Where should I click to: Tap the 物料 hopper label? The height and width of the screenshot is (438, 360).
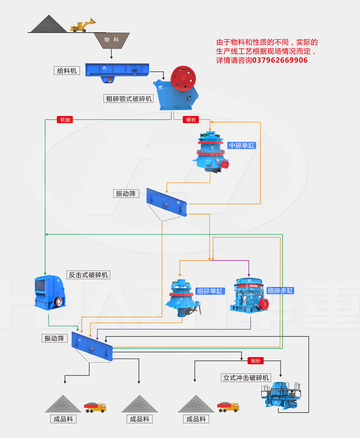click(111, 40)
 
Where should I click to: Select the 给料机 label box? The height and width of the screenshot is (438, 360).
click(67, 70)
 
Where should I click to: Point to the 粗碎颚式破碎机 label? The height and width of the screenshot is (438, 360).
click(128, 98)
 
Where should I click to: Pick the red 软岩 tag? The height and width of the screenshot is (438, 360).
click(65, 119)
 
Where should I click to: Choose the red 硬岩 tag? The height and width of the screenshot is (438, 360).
click(191, 119)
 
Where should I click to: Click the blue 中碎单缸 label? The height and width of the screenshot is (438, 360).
click(242, 145)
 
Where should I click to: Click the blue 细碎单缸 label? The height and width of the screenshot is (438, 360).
click(210, 291)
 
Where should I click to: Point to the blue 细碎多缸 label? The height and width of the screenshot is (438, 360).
click(280, 291)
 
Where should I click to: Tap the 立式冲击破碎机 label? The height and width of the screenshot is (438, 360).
click(246, 377)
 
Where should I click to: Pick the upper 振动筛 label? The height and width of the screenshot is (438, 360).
click(126, 194)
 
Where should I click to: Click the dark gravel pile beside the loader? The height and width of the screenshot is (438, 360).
click(48, 24)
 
